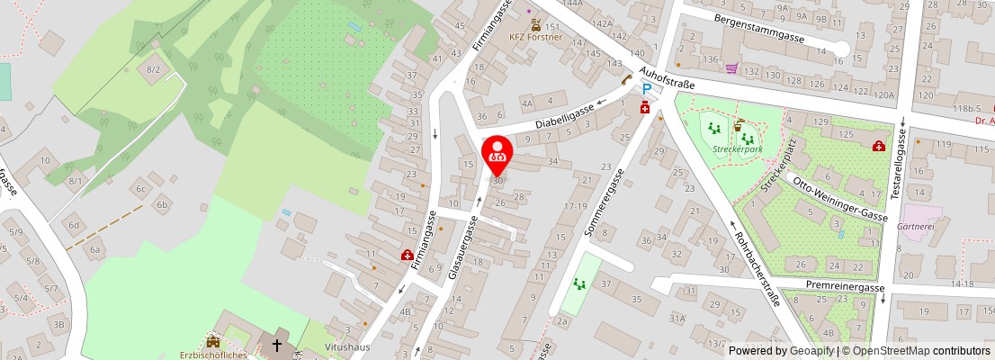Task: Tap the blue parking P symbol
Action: click(x=646, y=89)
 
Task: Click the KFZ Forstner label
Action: click(x=537, y=38)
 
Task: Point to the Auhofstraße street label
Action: click(x=667, y=77)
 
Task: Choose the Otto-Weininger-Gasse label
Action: click(x=838, y=197)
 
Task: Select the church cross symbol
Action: click(x=277, y=344)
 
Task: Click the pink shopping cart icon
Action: click(x=732, y=68)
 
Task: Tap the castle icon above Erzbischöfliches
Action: click(x=213, y=341)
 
